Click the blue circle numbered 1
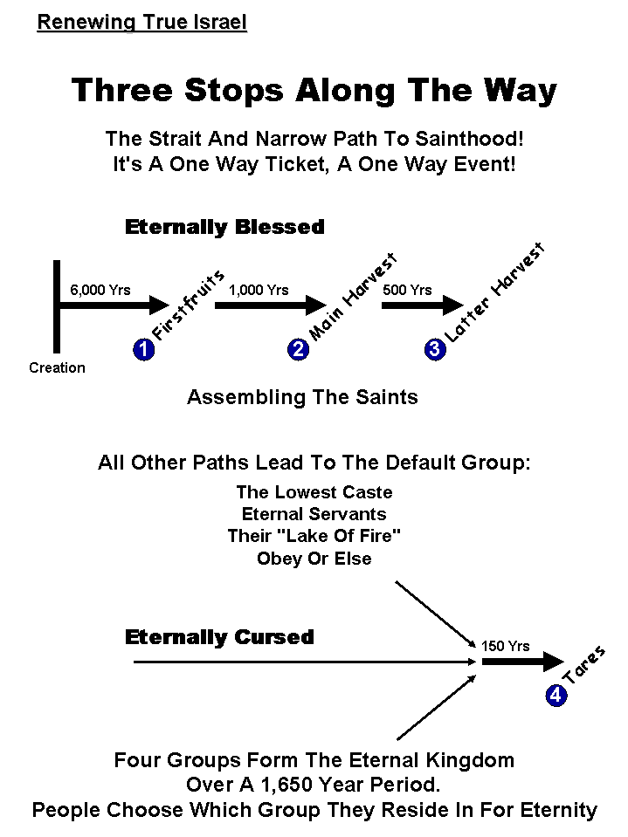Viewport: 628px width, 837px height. [x=143, y=350]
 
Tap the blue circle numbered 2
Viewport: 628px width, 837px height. [x=298, y=350]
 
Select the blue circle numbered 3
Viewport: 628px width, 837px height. [x=434, y=350]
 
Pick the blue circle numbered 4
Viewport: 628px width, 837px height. [x=556, y=696]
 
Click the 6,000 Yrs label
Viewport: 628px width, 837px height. [x=100, y=290]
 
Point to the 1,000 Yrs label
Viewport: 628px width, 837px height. [x=259, y=290]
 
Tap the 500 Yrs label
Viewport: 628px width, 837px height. [x=407, y=290]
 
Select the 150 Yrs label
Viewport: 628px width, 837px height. [x=505, y=647]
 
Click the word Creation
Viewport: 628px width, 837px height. [x=57, y=368]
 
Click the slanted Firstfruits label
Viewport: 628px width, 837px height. [x=189, y=305]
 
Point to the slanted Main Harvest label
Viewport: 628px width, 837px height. [x=354, y=297]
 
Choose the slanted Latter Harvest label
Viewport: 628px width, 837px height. [x=495, y=293]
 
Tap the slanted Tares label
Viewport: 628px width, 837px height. [x=584, y=665]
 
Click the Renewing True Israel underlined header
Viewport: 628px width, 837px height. [x=141, y=22]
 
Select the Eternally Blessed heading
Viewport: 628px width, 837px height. [x=224, y=228]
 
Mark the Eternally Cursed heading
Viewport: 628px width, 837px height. [x=219, y=638]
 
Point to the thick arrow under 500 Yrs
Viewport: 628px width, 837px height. [x=422, y=305]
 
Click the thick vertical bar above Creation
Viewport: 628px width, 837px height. [x=58, y=305]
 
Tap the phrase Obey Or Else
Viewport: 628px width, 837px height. [x=314, y=559]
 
